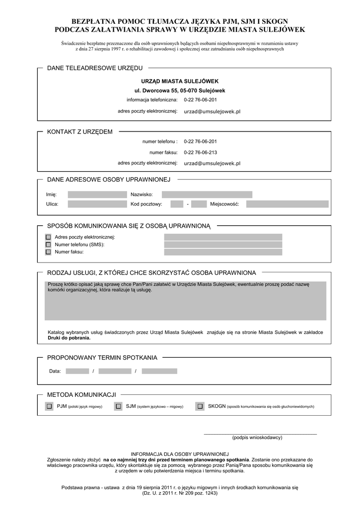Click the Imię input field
click(97, 194)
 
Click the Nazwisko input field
click(207, 194)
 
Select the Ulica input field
click(97, 204)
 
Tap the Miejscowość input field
click(287, 204)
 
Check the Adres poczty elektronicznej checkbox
click(48, 237)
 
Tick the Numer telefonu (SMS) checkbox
click(48, 245)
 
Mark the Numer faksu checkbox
click(48, 252)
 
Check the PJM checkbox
click(49, 406)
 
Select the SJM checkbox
click(118, 406)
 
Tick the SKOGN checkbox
click(200, 406)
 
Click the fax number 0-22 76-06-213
click(200, 152)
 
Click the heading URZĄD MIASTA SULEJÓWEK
click(180, 81)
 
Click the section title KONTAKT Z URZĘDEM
click(79, 131)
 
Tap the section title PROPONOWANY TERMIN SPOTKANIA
click(102, 357)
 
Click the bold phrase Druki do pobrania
click(70, 338)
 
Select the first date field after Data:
click(77, 371)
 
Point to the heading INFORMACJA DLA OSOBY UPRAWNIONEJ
click(179, 454)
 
